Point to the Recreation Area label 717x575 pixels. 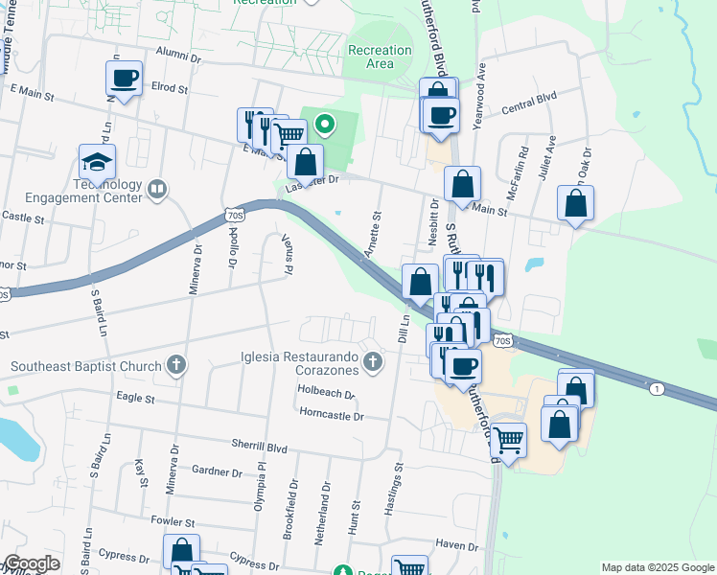(x=380, y=57)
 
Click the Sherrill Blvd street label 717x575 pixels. (x=259, y=446)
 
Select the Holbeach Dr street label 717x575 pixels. (x=327, y=393)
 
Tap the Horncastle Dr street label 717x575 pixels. (x=332, y=416)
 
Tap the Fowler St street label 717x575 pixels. (x=173, y=522)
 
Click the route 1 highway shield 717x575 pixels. (x=657, y=388)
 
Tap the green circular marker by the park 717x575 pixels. (x=325, y=124)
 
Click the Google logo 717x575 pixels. (x=32, y=563)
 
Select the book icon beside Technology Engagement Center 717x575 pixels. (x=158, y=191)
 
